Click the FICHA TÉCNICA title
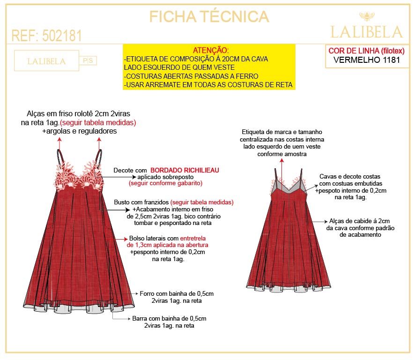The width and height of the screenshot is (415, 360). [209, 16]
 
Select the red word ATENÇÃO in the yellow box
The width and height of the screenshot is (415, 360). [211, 50]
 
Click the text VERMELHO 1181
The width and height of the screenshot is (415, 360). [366, 60]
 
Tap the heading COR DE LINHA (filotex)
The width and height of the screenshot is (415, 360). [366, 51]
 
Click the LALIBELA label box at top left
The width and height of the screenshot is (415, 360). [46, 61]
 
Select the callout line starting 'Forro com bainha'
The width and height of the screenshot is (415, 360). [177, 293]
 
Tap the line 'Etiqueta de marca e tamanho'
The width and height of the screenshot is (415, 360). [282, 132]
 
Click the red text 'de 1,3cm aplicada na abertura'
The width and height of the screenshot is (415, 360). [167, 245]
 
